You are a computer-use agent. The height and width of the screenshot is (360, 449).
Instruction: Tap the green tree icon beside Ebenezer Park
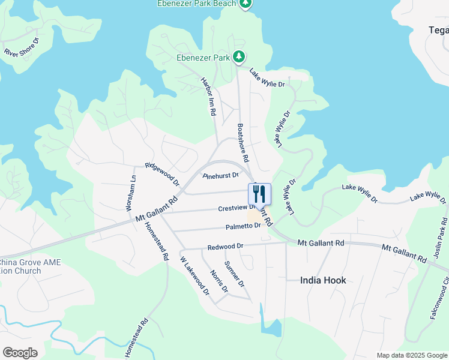tap(240, 57)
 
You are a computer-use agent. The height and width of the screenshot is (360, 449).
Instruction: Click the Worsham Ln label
tap(130, 193)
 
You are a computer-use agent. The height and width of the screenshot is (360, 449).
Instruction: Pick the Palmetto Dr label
tap(244, 226)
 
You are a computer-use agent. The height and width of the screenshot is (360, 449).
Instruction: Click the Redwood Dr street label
tap(225, 246)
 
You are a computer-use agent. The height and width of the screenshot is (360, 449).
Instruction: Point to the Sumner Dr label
tap(234, 274)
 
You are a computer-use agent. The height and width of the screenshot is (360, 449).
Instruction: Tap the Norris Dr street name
tap(219, 281)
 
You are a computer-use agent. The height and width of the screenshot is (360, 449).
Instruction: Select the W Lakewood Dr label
tap(195, 276)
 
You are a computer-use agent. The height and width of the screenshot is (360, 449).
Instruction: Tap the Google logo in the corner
tap(20, 353)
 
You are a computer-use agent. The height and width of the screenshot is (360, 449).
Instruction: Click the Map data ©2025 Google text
tap(412, 355)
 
